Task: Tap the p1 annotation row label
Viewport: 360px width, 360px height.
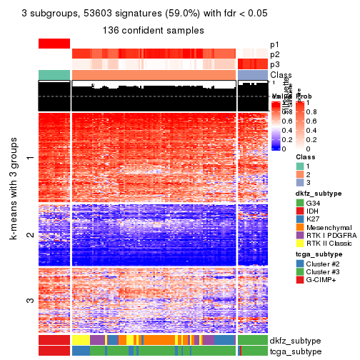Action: point(275,44)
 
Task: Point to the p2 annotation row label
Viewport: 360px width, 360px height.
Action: point(275,54)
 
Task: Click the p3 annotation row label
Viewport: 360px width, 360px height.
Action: point(275,64)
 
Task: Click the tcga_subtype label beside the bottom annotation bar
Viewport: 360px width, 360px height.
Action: point(295,351)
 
